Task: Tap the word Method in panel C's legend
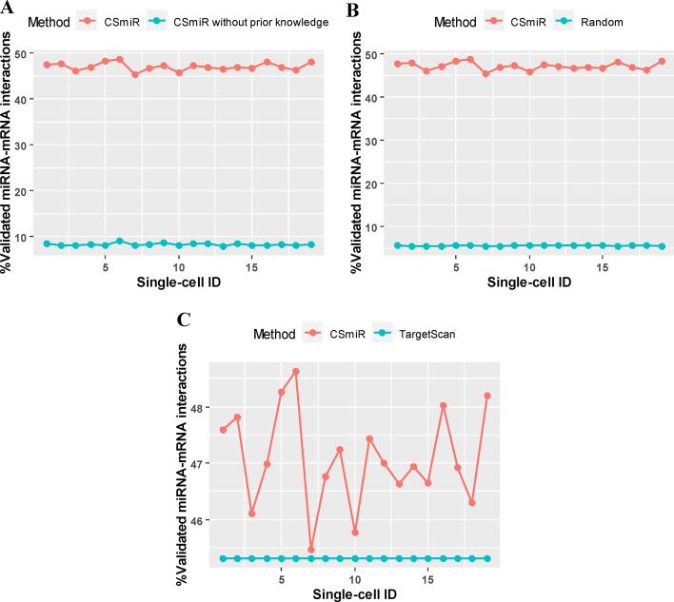(277, 334)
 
